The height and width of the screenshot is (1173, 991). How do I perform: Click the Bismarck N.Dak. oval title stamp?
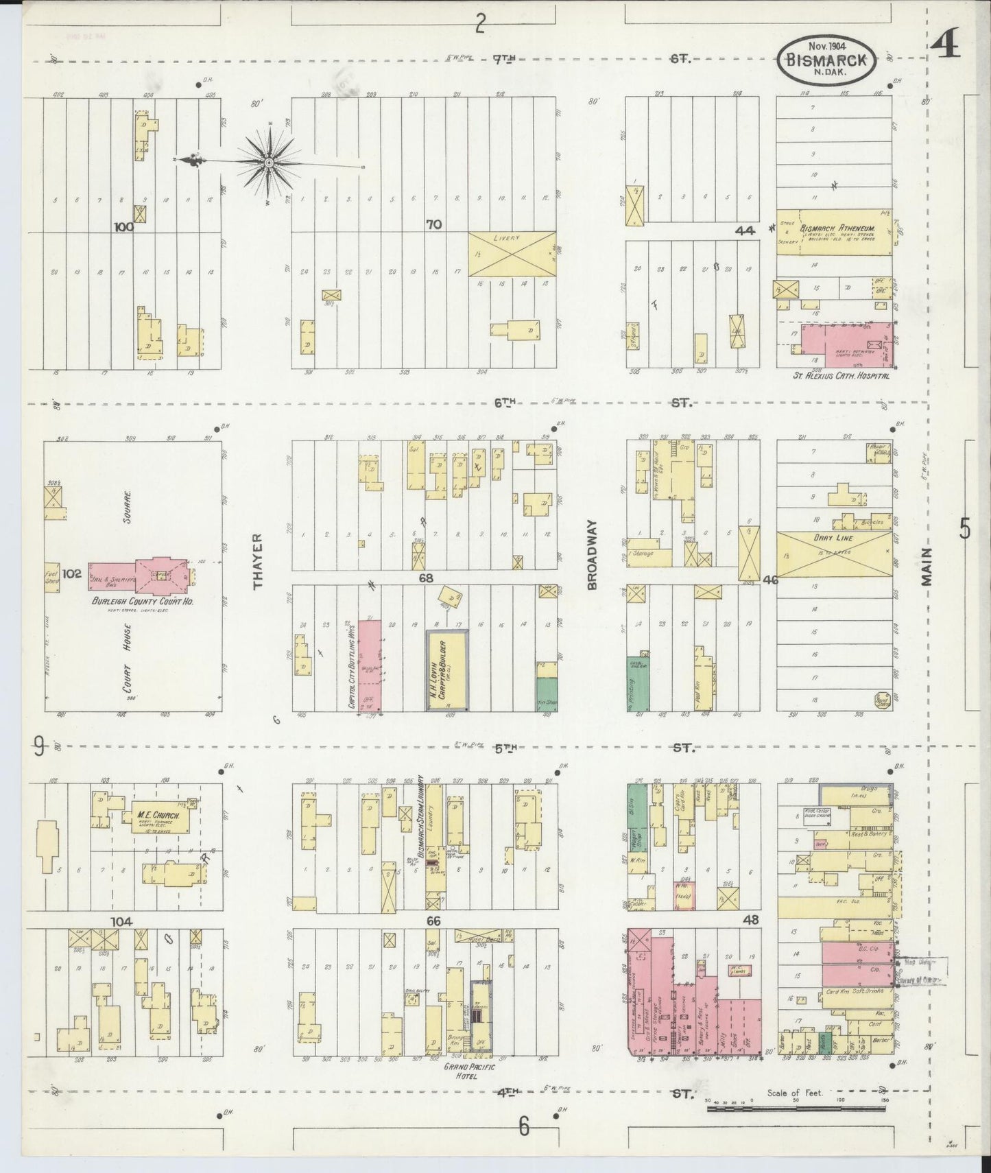click(826, 60)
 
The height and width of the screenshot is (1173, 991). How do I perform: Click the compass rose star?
click(269, 163)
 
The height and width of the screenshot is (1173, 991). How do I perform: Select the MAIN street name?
click(927, 566)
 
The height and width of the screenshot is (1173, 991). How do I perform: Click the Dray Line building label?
click(833, 538)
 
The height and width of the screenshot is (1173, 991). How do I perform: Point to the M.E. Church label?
click(157, 815)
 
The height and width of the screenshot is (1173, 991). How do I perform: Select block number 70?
click(433, 224)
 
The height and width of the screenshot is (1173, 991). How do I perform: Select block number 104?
click(123, 921)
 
